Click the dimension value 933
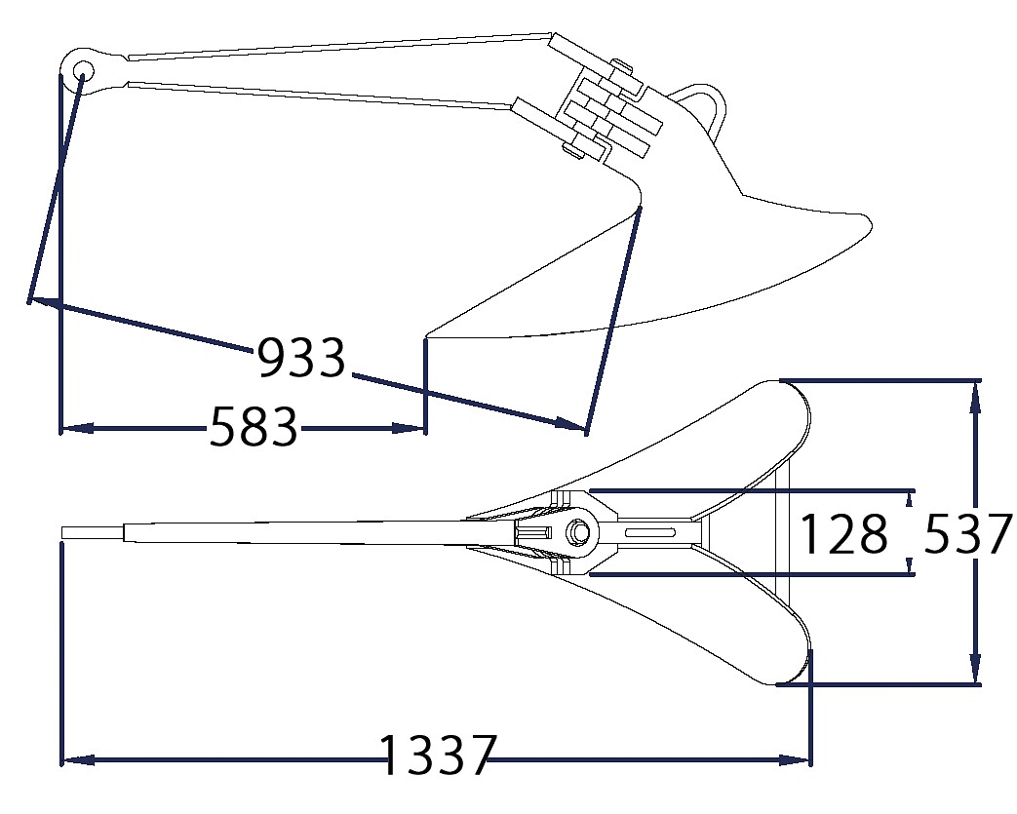(x=301, y=358)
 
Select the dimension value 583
(x=254, y=426)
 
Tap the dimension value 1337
(x=439, y=756)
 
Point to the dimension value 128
(x=844, y=534)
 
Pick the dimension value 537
(x=967, y=533)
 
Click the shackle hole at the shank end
(x=83, y=69)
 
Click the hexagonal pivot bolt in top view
(x=576, y=532)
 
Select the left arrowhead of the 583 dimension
(x=76, y=428)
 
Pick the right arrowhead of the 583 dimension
(x=409, y=428)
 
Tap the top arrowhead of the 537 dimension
(x=974, y=397)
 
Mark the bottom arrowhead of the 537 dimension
(x=974, y=668)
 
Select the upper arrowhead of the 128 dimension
(x=910, y=498)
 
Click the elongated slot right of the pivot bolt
(x=649, y=532)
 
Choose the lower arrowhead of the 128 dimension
(x=910, y=566)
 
